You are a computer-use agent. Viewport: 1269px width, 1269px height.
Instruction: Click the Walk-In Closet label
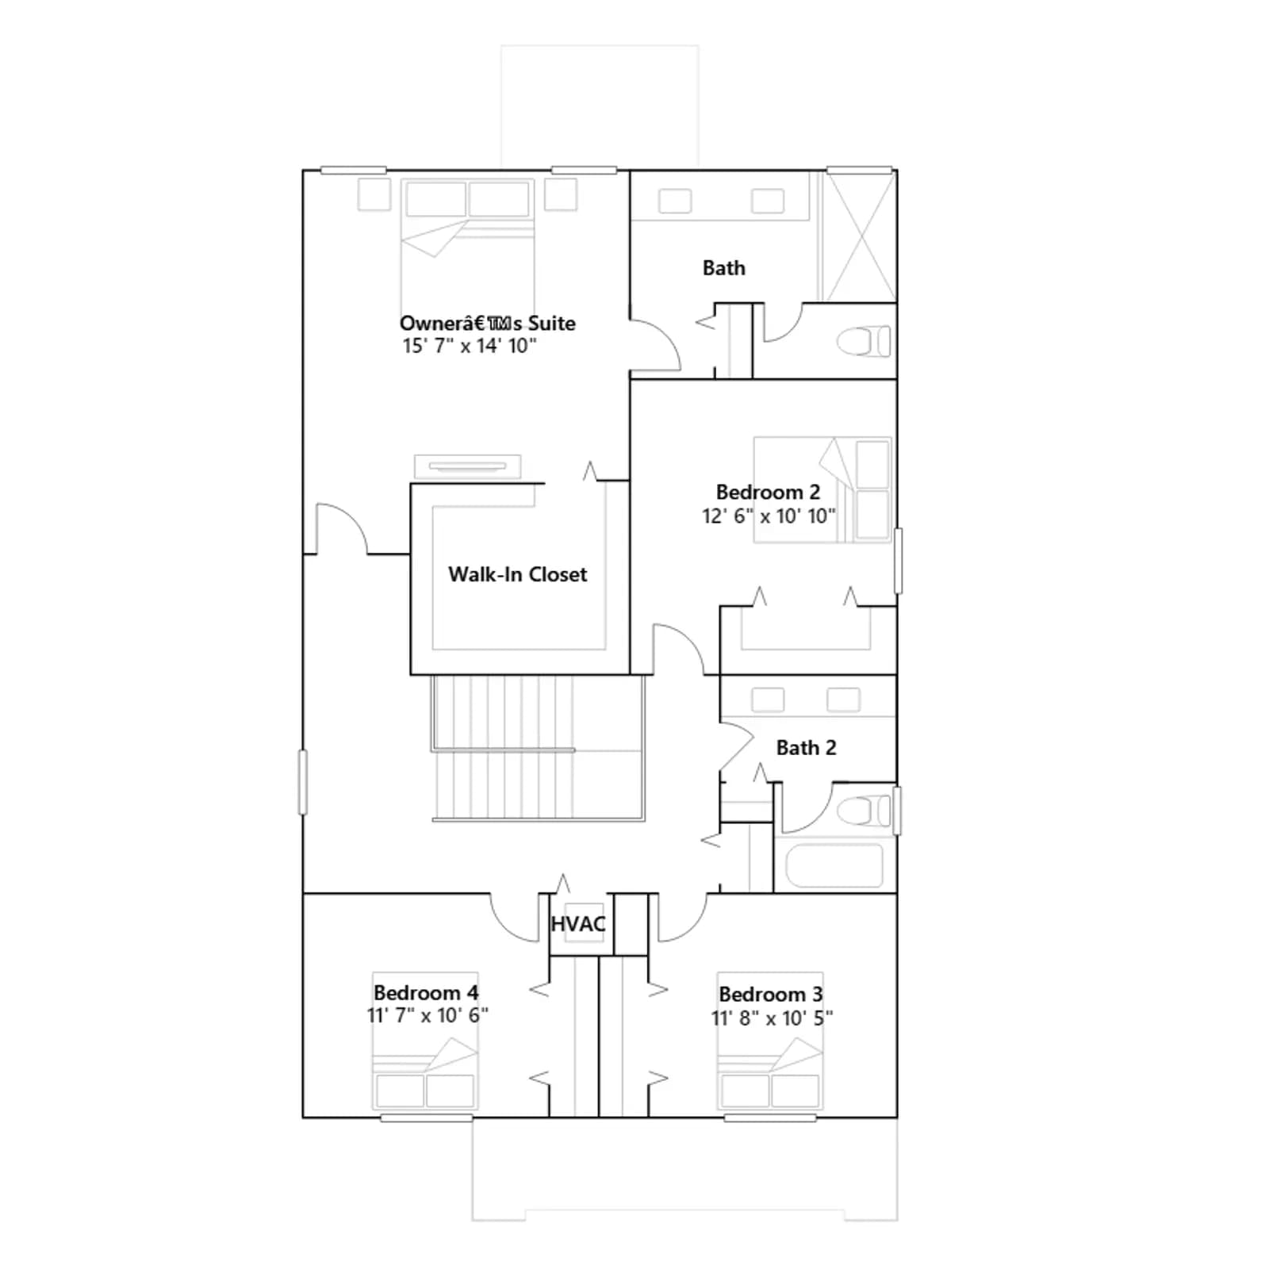tap(517, 574)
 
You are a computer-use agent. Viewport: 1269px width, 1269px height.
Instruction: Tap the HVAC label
tap(578, 924)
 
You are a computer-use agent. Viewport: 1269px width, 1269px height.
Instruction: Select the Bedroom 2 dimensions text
tap(769, 516)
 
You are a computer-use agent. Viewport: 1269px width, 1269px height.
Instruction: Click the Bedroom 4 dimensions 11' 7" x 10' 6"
tap(427, 1015)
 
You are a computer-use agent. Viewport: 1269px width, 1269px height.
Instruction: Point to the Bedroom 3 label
tap(771, 994)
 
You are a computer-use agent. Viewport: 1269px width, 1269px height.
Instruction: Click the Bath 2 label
tap(806, 748)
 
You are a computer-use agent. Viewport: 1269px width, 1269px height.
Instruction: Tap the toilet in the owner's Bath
tap(864, 342)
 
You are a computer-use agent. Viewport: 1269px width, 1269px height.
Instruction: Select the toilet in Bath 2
tap(864, 811)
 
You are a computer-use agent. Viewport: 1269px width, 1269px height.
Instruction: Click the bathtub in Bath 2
tap(834, 865)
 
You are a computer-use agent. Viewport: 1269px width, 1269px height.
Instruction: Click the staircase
tap(538, 748)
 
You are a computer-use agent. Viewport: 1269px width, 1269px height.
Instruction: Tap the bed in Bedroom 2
tap(822, 489)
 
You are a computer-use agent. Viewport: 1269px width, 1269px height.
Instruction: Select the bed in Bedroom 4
tap(425, 1041)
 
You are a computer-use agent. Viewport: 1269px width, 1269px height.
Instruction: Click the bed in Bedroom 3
tap(770, 1041)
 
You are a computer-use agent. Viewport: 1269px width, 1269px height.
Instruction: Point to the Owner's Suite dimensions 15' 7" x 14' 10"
tap(470, 346)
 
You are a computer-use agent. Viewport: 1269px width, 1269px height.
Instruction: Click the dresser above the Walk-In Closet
tap(468, 466)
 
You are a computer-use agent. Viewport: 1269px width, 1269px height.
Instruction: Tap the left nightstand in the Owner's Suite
tap(374, 194)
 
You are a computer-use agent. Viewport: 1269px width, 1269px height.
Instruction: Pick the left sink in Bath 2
tap(768, 700)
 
